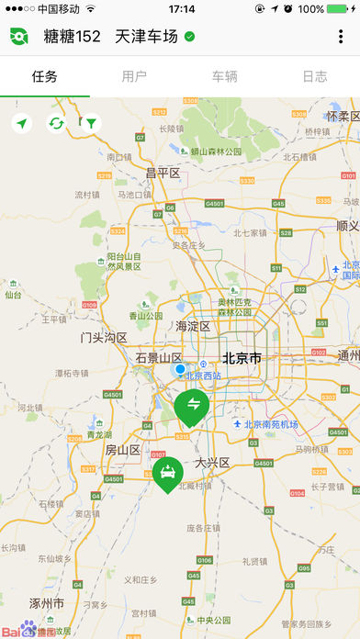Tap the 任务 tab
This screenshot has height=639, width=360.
(44, 76)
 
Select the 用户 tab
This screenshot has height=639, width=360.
(134, 76)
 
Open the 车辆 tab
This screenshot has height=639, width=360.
(224, 76)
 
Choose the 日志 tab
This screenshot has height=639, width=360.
(314, 76)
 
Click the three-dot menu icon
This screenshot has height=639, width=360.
(341, 37)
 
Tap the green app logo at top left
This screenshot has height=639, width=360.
(19, 37)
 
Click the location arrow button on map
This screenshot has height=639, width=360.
(21, 123)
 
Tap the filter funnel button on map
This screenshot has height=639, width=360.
(90, 123)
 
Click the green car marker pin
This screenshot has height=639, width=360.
(167, 474)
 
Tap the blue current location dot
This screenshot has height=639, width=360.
(180, 369)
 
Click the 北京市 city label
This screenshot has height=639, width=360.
(242, 357)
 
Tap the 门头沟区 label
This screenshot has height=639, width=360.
(103, 337)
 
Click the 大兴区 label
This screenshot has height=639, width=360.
(211, 462)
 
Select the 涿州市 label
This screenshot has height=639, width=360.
(45, 604)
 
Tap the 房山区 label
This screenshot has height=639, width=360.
(121, 450)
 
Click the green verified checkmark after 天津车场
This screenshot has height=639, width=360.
(189, 37)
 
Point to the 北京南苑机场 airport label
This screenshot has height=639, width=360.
(271, 424)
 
